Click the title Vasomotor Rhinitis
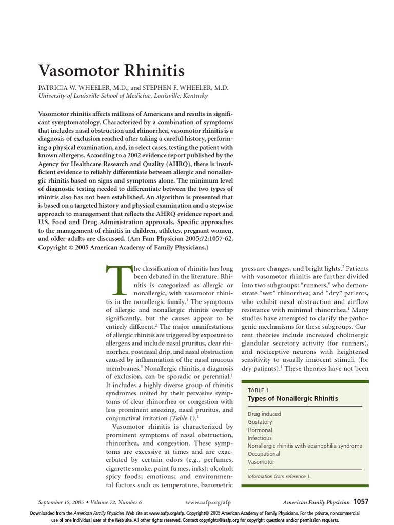pyautogui.click(x=111, y=70)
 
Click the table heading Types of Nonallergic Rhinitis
pyautogui.click(x=293, y=398)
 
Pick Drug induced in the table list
pyautogui.click(x=264, y=414)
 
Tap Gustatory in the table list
pyautogui.click(x=260, y=422)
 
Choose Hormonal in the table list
pyautogui.click(x=260, y=430)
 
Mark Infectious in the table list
pyautogui.click(x=260, y=438)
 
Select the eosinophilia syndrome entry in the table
pyautogui.click(x=305, y=446)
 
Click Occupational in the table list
pyautogui.click(x=264, y=454)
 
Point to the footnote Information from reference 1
pyautogui.click(x=279, y=476)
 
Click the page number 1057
pyautogui.click(x=361, y=502)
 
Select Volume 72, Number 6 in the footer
pyautogui.click(x=119, y=503)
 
